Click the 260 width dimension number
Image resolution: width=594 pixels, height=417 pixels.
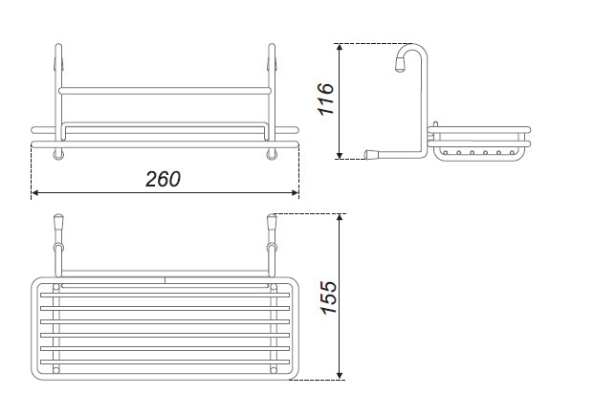(x=163, y=179)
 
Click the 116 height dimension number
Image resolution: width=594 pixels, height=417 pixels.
(x=326, y=99)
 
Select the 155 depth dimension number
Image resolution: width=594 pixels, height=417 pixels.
(x=328, y=297)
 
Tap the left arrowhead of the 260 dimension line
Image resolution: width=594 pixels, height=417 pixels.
(x=34, y=193)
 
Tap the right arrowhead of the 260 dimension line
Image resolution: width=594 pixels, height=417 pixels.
(x=296, y=193)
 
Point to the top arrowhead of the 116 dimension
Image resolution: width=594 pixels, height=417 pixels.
(x=340, y=47)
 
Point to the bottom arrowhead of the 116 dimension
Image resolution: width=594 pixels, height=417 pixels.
(x=340, y=156)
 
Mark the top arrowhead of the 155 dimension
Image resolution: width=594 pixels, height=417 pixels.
(x=340, y=217)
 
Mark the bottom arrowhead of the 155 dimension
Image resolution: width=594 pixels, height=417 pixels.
(x=340, y=376)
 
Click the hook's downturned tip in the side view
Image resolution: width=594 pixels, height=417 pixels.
(x=401, y=65)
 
